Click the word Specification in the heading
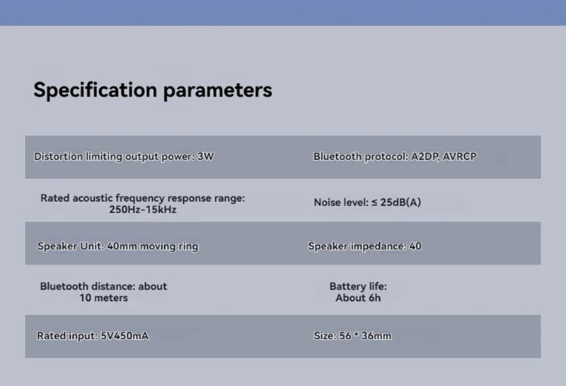(x=96, y=90)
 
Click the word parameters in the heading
(x=218, y=91)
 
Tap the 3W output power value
(x=205, y=157)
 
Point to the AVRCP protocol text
(x=459, y=157)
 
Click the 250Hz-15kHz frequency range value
(x=143, y=210)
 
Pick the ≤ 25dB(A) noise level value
(x=396, y=202)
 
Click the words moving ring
(x=169, y=246)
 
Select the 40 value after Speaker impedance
(x=415, y=246)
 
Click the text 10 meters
(x=104, y=297)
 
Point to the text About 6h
(x=358, y=297)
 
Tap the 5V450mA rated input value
(x=125, y=336)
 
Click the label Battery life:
(x=358, y=286)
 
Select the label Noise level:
(x=341, y=203)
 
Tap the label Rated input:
(x=67, y=336)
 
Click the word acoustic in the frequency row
(x=93, y=198)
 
